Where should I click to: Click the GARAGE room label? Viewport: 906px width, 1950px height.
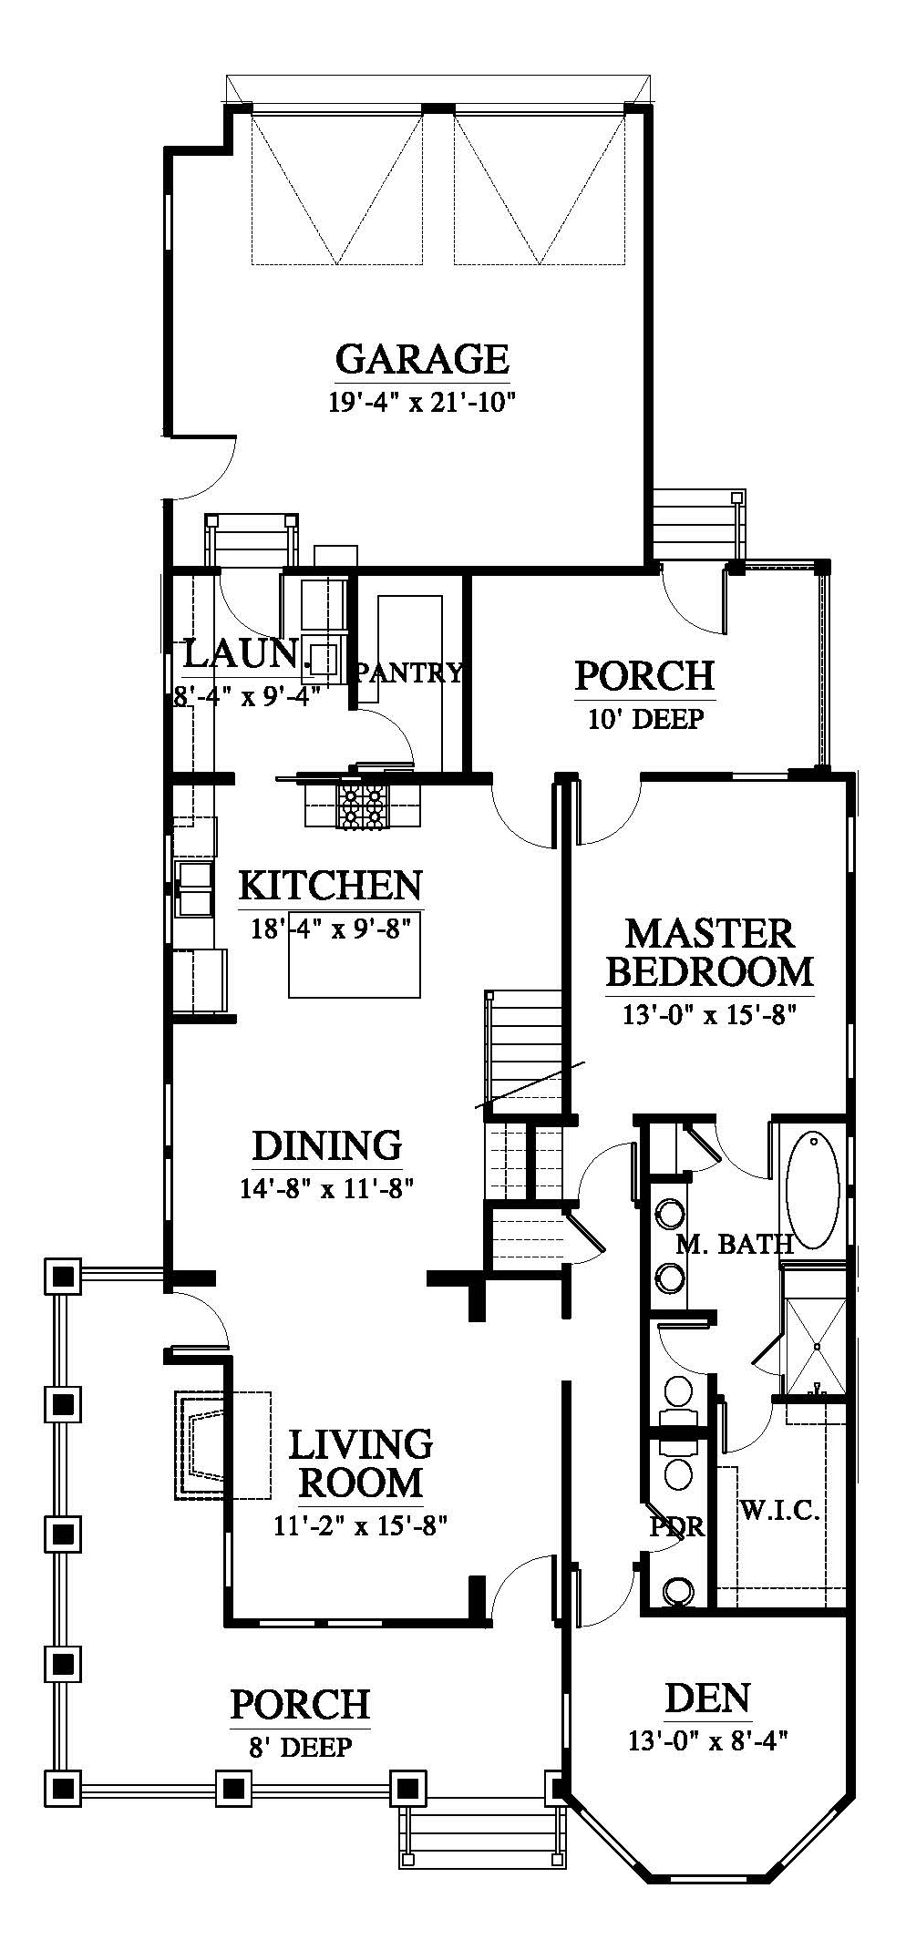point(422,358)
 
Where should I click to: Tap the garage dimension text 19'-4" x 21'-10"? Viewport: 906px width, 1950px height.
point(423,402)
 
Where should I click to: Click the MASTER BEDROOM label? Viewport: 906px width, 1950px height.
point(709,952)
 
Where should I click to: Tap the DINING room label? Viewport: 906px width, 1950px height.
point(327,1145)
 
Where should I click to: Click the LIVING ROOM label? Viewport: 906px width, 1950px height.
point(361,1462)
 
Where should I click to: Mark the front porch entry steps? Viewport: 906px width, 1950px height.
point(480,1833)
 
